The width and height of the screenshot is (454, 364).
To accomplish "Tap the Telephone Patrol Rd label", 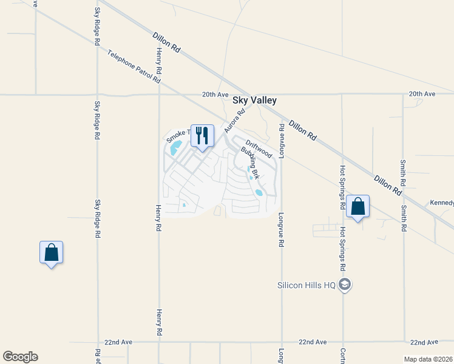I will [134, 67].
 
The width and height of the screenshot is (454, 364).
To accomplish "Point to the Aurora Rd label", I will [234, 121].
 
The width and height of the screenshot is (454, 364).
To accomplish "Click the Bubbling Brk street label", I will [250, 163].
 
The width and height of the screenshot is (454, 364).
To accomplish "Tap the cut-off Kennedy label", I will [442, 202].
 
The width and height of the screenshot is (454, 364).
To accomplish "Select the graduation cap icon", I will [345, 285].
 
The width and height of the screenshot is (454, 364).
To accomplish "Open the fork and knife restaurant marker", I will [202, 136].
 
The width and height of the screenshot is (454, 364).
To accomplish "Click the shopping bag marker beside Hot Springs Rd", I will [358, 207].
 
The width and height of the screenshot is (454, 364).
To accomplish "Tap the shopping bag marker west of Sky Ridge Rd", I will [52, 253].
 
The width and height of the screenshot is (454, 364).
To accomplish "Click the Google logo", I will [20, 357].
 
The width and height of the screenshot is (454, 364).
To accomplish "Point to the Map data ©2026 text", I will [428, 359].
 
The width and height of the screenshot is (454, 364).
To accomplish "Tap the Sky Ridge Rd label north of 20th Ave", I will [97, 27].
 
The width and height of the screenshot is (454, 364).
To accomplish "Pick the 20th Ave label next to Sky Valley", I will [215, 95].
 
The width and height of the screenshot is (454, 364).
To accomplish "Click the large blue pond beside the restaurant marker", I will [176, 147].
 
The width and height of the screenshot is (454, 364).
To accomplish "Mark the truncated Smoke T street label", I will [178, 135].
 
